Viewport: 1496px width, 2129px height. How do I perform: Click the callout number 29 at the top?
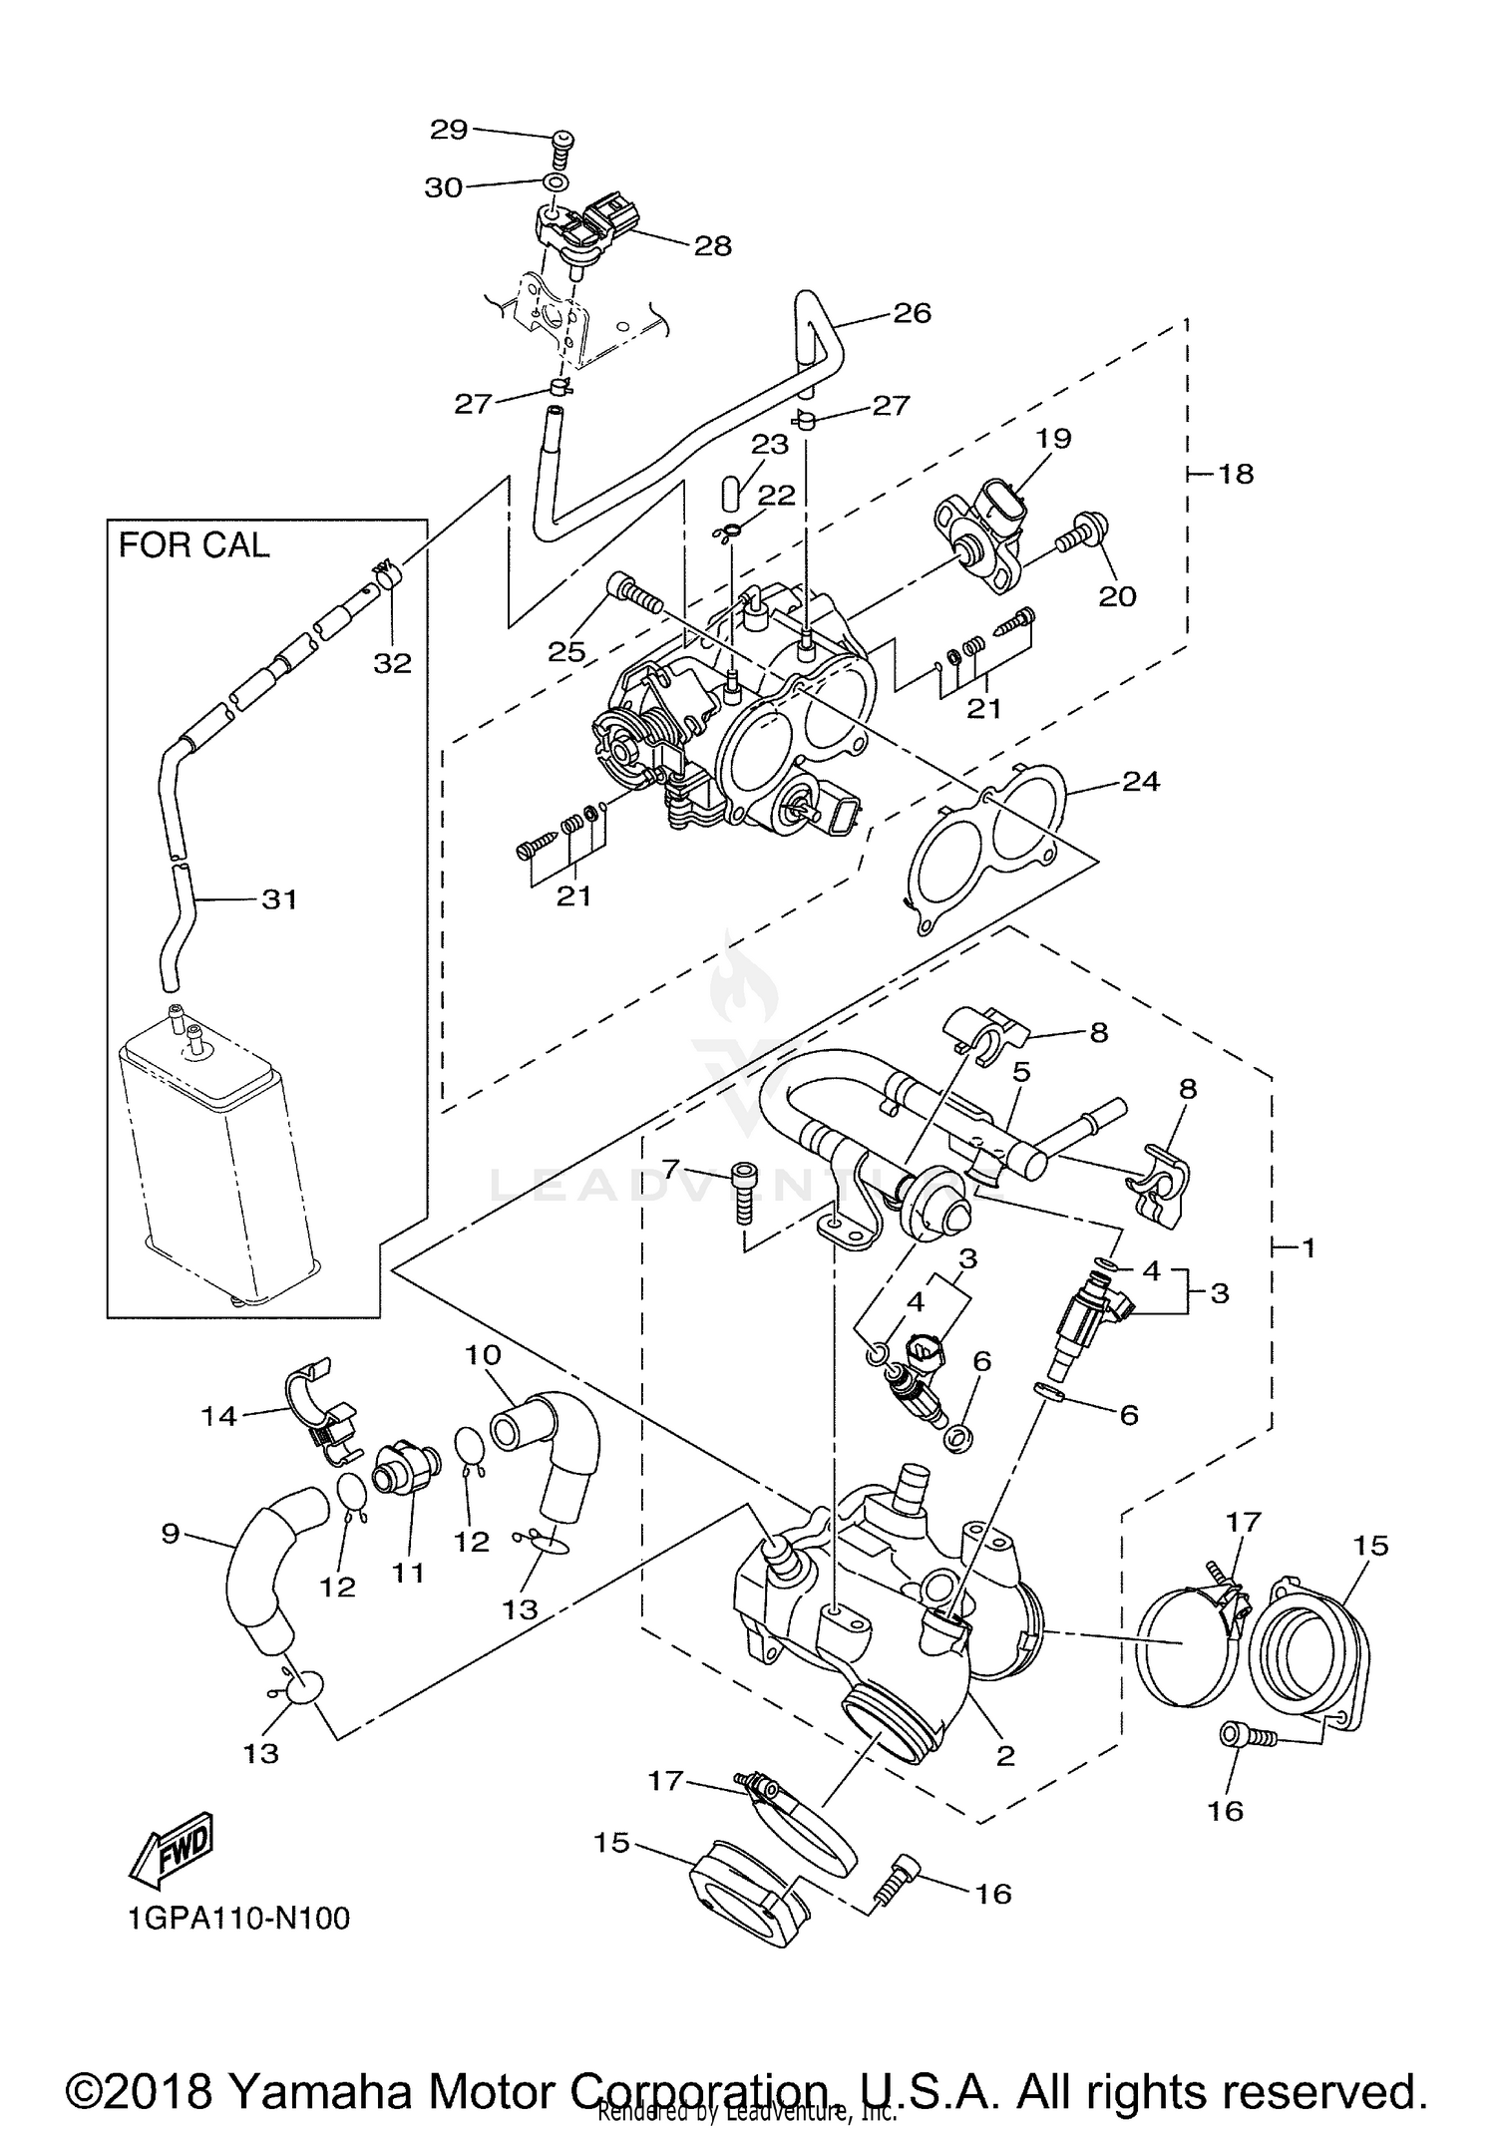(x=448, y=129)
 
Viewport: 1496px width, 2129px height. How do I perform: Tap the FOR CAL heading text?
(x=193, y=545)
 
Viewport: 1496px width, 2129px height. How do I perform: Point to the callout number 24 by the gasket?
(x=1141, y=781)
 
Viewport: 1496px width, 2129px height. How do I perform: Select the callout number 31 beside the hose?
(x=279, y=899)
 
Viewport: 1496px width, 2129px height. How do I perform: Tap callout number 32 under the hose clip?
(x=392, y=662)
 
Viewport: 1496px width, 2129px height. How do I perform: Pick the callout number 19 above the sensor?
(x=1052, y=438)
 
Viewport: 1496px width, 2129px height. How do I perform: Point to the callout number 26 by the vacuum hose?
(x=912, y=313)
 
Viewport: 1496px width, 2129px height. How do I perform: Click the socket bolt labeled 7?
(x=742, y=1194)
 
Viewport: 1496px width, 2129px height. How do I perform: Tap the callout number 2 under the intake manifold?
(x=1005, y=1756)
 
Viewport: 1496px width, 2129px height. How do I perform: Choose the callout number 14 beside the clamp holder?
(x=218, y=1415)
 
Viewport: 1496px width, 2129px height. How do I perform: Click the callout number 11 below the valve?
(x=408, y=1573)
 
